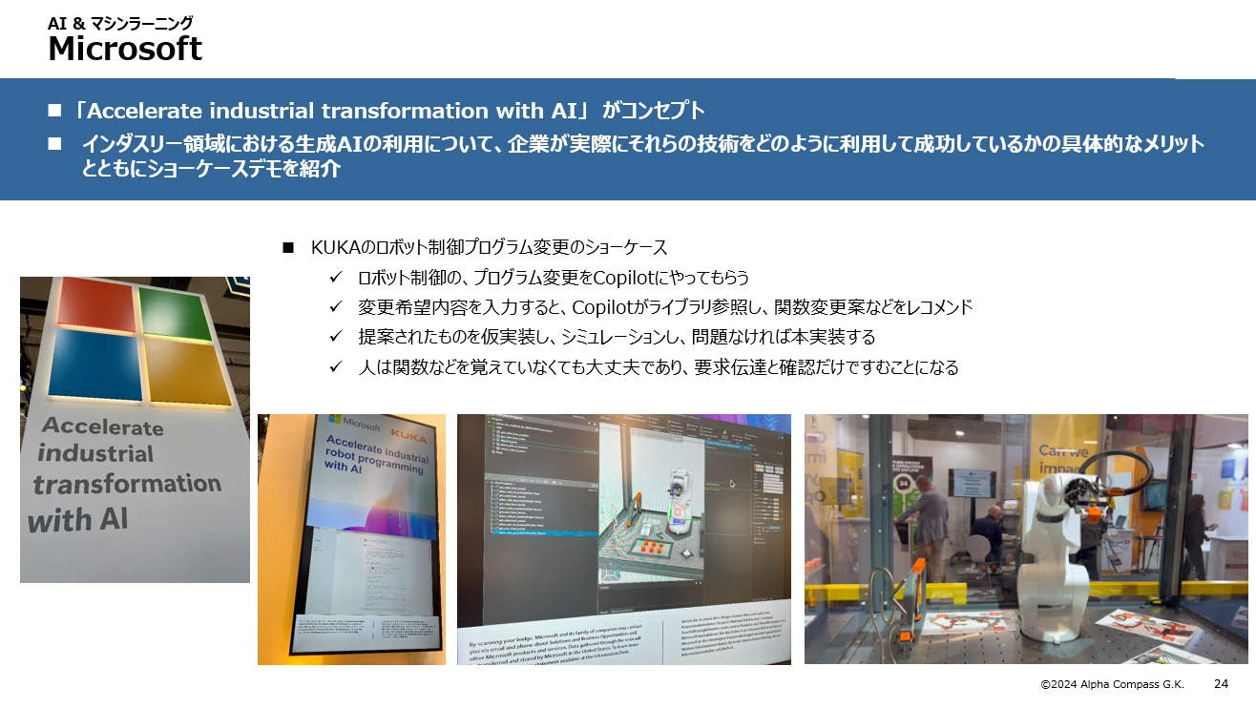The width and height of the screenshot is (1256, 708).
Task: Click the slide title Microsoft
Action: [x=125, y=49]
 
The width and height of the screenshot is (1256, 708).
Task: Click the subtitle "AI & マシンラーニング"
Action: [x=120, y=23]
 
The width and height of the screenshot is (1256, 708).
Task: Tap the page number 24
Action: [x=1221, y=683]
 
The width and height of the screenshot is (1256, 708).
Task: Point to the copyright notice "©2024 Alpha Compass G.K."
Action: [x=1112, y=684]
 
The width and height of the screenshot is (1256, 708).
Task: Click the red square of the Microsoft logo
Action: [x=94, y=305]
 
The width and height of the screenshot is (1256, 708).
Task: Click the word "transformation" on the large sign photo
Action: [x=126, y=484]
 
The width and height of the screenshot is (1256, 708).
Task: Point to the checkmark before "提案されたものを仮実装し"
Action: [x=335, y=337]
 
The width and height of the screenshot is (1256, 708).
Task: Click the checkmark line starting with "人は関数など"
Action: [x=658, y=366]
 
